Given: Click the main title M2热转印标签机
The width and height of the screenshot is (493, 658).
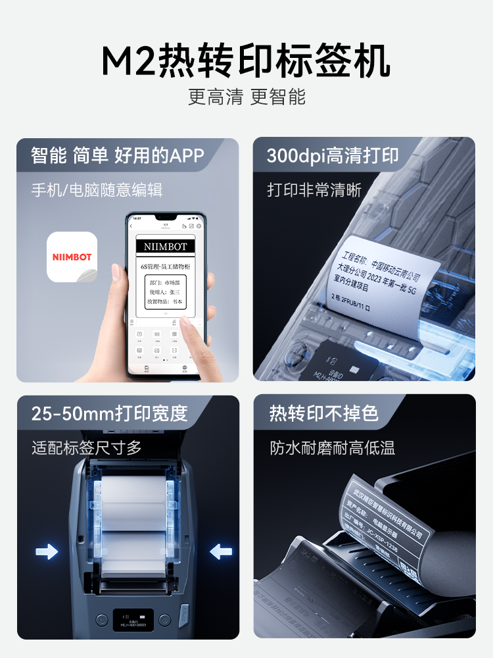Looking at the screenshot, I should [x=246, y=61].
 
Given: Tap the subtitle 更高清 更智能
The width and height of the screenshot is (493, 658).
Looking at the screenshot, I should [x=246, y=97].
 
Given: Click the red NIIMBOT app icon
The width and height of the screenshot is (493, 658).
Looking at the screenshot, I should [x=72, y=257].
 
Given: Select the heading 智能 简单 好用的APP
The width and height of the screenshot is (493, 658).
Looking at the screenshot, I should [x=118, y=155].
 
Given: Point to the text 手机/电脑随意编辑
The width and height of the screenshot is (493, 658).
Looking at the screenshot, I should [x=97, y=190].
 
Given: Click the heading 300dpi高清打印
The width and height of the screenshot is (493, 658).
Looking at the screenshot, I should [x=333, y=155].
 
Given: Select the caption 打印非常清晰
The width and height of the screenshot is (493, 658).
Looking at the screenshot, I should [x=314, y=190].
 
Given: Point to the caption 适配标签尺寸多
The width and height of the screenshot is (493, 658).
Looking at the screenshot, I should [x=87, y=448].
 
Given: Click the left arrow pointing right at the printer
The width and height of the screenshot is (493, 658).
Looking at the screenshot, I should [x=47, y=551].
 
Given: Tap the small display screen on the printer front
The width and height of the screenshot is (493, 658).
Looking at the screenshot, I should [x=133, y=619].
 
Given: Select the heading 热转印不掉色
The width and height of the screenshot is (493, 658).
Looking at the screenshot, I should [x=324, y=413].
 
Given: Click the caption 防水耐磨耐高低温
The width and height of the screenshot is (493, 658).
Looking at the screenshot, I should [x=333, y=448].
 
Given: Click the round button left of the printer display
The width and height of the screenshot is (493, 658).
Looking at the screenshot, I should [x=101, y=620].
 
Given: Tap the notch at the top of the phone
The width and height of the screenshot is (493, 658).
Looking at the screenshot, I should [x=164, y=217].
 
